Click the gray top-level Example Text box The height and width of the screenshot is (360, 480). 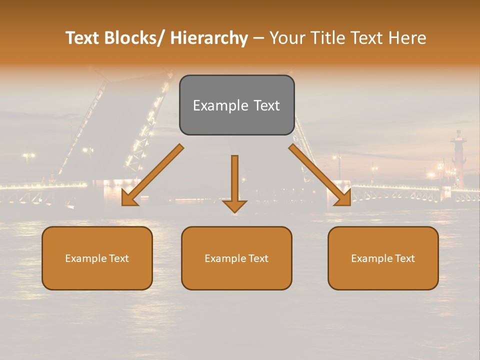point(236,105)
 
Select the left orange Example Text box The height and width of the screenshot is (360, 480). point(97,258)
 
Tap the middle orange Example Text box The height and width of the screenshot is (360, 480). point(236,258)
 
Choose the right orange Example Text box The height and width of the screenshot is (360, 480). point(383,258)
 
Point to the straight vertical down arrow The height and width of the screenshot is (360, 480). point(234,180)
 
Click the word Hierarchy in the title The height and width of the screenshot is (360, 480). point(209,38)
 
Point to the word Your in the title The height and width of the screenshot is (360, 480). point(286,38)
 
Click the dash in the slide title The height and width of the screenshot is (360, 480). point(258,38)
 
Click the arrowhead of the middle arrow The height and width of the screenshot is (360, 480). point(234,205)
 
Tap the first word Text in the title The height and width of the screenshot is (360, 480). point(83,38)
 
